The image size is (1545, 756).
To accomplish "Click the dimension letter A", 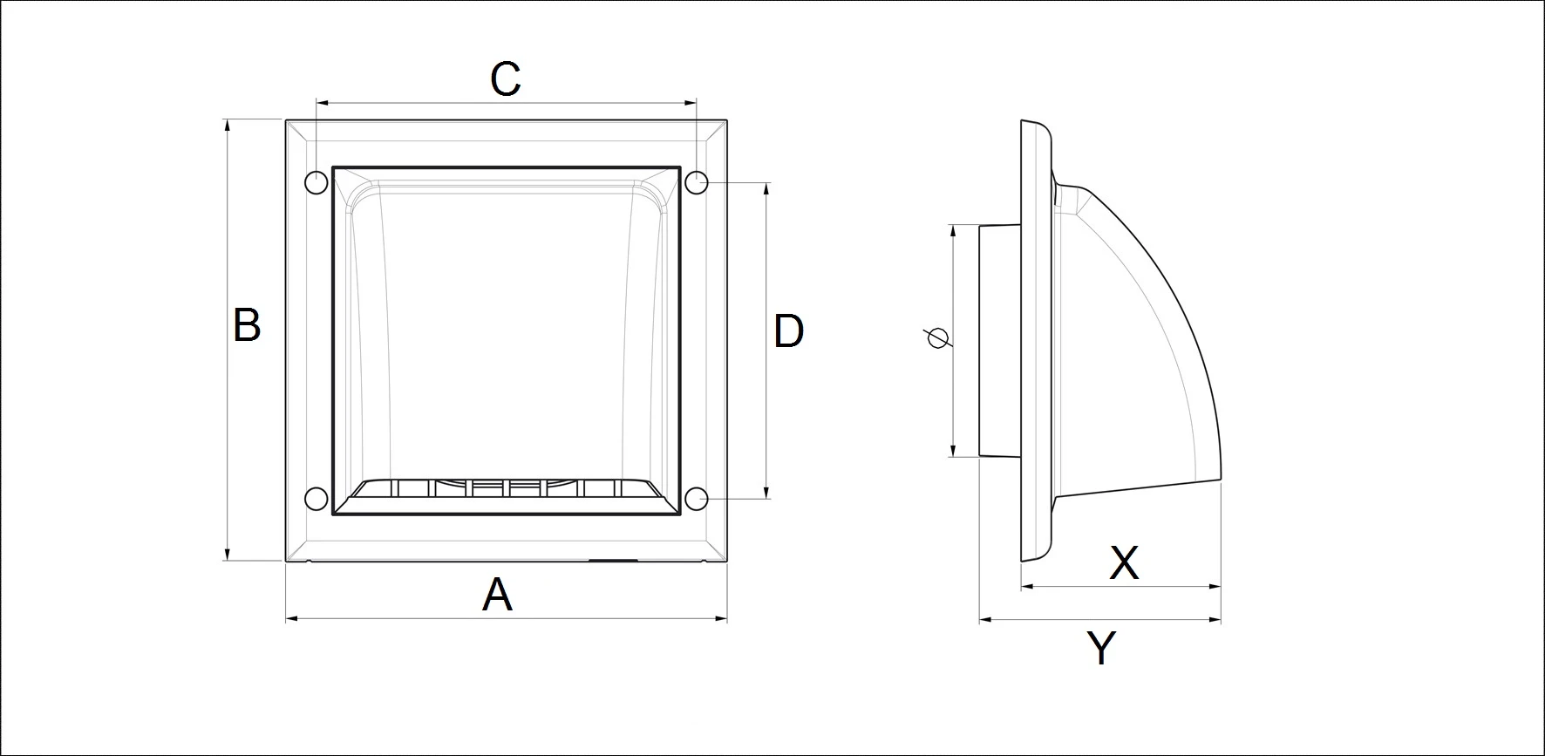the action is [497, 596].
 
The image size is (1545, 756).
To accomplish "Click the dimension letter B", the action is [247, 325].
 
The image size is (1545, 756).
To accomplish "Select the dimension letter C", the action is [506, 79].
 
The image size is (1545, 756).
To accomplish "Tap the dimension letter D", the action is [788, 331].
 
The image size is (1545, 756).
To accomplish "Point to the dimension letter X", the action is [1124, 563].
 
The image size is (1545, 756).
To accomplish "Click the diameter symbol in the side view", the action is [938, 337].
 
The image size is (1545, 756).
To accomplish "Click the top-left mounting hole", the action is [316, 183].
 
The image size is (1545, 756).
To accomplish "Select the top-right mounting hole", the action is [696, 183].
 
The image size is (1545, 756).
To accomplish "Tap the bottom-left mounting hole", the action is [316, 499].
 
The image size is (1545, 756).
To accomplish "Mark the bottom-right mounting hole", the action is [696, 499].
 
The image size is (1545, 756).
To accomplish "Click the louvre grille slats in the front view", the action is [506, 488].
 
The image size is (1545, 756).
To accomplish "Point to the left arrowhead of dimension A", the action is [292, 619].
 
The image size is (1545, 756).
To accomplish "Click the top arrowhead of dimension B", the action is [228, 126].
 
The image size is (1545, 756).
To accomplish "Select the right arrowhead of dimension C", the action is [691, 103].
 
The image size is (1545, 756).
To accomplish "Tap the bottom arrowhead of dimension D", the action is [767, 493].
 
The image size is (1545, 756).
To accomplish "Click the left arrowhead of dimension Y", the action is [986, 620].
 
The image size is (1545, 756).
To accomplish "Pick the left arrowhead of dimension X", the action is [1027, 587].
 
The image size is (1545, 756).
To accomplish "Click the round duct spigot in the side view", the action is [1000, 340].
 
